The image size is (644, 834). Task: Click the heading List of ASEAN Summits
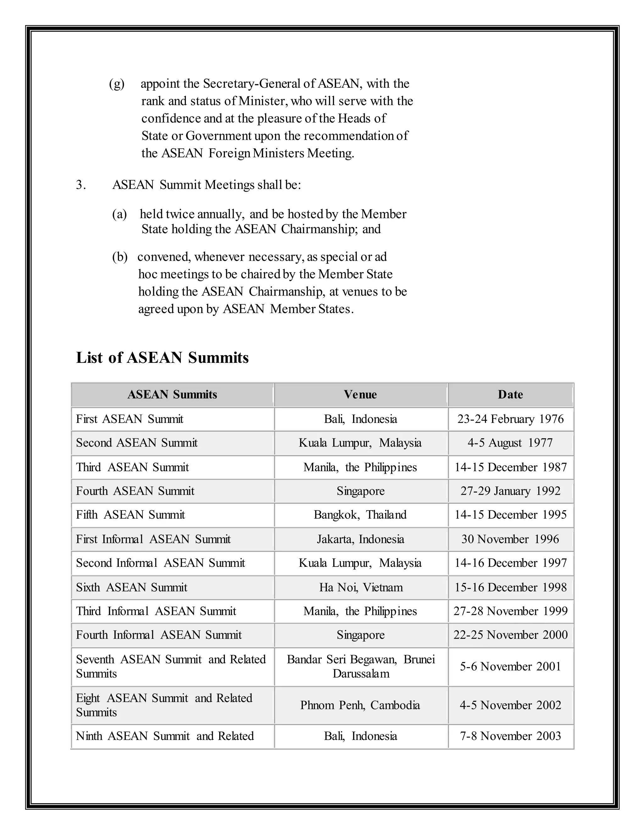click(162, 358)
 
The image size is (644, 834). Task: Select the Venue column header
click(360, 394)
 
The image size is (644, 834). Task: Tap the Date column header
click(510, 394)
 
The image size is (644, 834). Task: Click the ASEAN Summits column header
click(172, 394)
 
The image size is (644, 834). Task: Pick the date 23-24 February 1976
click(510, 419)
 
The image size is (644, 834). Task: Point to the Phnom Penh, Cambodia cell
click(360, 705)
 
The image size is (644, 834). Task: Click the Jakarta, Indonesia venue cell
click(360, 539)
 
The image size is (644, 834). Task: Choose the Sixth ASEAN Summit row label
click(132, 587)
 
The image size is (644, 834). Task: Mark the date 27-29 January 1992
click(510, 491)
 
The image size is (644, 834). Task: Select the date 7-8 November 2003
click(510, 736)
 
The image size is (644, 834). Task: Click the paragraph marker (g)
click(117, 84)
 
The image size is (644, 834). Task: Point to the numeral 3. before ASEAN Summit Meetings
click(81, 185)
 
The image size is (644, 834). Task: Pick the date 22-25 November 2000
click(510, 635)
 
